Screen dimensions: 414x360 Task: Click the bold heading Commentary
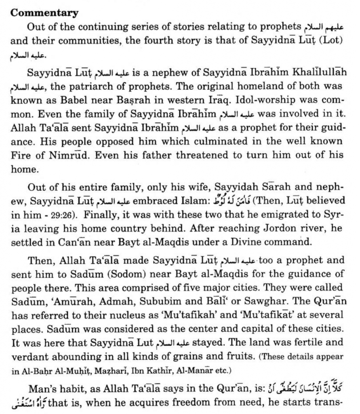click(x=44, y=13)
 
